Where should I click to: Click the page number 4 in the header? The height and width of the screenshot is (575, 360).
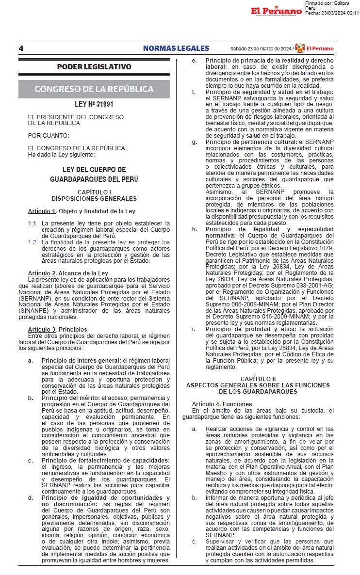click(21, 48)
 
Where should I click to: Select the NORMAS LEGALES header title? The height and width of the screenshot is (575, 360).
click(176, 48)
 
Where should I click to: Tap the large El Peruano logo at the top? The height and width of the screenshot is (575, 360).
click(276, 11)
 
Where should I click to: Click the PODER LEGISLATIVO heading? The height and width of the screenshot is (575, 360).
click(94, 66)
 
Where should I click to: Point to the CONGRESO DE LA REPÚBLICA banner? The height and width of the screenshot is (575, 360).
click(94, 89)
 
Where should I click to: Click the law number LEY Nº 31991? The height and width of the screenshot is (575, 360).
click(94, 104)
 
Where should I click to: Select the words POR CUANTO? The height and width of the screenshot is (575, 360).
click(48, 135)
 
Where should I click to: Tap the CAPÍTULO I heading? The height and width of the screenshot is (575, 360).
click(94, 192)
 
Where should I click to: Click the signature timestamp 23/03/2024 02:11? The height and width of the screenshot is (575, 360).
click(339, 13)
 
